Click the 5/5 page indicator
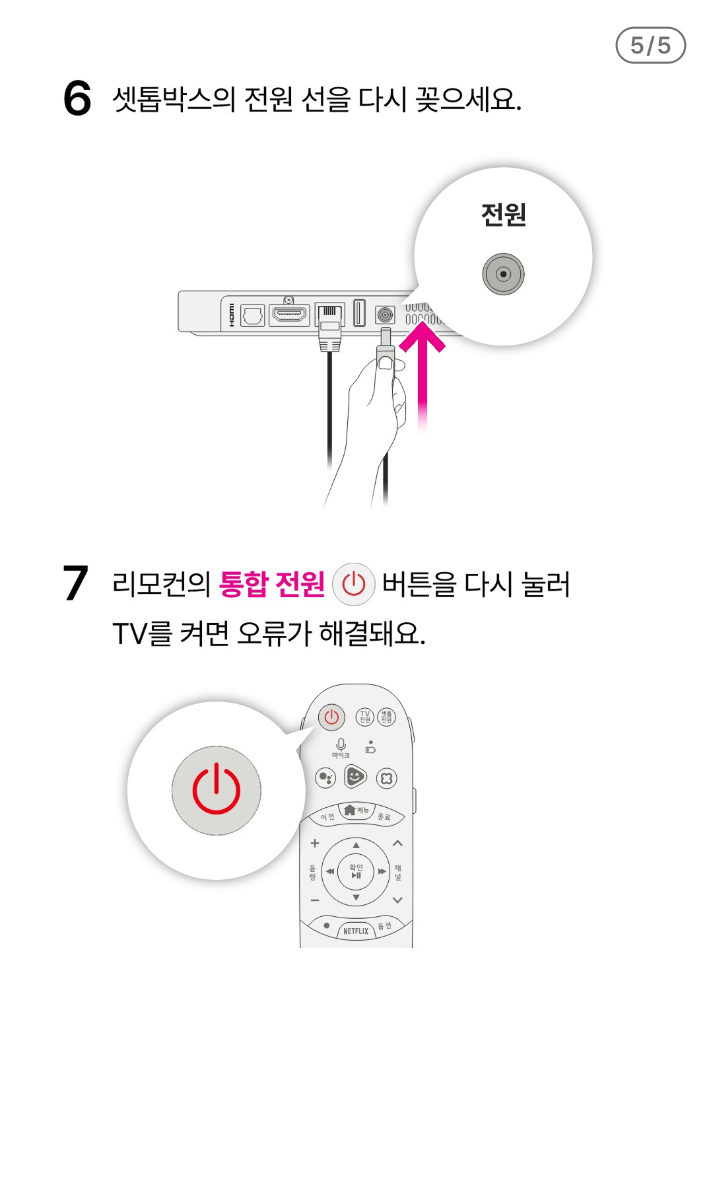650,46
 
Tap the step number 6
77,98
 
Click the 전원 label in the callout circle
503,215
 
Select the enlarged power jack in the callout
503,273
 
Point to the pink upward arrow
423,377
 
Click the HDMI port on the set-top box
289,314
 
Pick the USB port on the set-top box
359,312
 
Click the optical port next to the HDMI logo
253,315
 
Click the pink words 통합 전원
271,584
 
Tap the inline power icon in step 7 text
354,585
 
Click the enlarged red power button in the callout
217,790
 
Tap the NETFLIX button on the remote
356,931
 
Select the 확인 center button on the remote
356,871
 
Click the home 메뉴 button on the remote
356,811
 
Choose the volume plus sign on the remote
315,843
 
